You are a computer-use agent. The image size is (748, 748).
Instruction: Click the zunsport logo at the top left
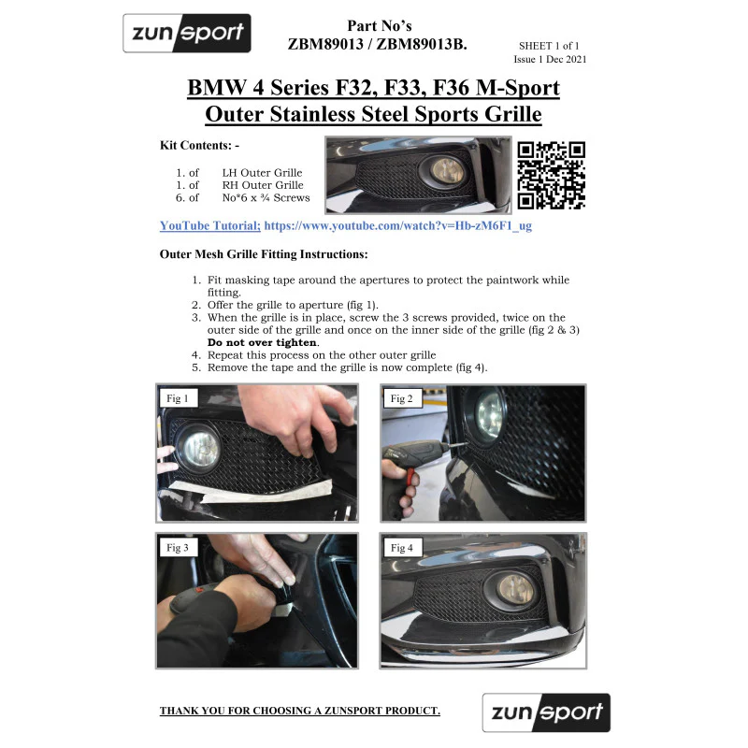tap(186, 33)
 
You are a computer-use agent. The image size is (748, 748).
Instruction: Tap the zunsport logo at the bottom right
tap(546, 712)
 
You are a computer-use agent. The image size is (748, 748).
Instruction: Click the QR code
tap(551, 175)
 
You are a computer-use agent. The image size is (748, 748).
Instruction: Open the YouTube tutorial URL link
tap(398, 225)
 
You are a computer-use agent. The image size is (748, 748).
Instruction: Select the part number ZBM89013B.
tap(422, 44)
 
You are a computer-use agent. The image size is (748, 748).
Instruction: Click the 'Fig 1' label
tap(178, 398)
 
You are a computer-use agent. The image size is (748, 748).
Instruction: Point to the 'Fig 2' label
tap(402, 398)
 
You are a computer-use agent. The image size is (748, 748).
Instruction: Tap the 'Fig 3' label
tap(178, 547)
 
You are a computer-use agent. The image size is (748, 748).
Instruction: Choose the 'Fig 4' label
tap(402, 548)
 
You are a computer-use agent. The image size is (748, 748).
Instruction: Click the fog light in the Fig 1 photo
tap(200, 450)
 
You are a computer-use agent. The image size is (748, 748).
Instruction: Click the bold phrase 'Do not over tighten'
tap(263, 342)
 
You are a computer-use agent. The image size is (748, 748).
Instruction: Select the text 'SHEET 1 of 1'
tap(549, 46)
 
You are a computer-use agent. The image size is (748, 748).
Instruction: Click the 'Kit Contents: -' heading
tap(199, 145)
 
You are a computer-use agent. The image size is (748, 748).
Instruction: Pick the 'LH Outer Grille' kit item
tap(262, 173)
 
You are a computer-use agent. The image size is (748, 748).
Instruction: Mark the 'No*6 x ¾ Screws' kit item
tap(266, 197)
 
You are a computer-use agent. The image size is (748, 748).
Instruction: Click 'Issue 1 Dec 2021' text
tap(550, 59)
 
